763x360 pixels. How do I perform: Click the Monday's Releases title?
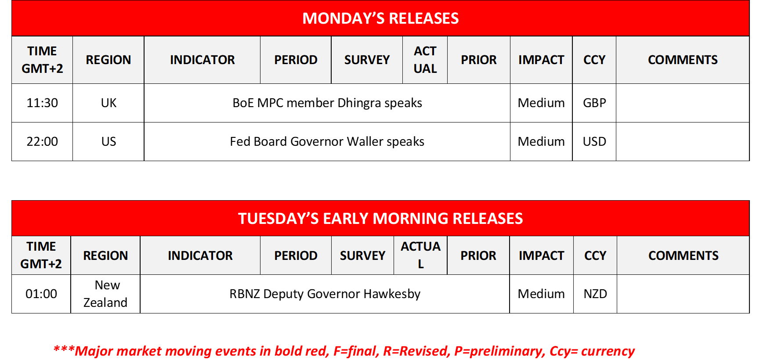380,18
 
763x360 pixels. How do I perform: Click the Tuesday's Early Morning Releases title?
380,218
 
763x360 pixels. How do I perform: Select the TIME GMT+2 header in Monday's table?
42,60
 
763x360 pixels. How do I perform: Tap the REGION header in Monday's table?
108,60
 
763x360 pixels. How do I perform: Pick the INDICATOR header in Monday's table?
202,60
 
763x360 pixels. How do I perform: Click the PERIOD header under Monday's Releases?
296,60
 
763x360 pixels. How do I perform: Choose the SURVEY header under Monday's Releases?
367,60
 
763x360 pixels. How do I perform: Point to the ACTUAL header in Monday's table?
425,60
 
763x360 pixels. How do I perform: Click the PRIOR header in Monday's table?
478,60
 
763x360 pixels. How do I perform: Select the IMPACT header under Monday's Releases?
541,60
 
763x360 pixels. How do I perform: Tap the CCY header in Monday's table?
594,60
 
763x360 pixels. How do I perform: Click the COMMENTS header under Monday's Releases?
683,60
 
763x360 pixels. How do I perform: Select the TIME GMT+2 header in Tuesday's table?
41,255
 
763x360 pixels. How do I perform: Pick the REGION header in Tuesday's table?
105,256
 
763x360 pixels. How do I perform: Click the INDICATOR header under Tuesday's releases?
200,256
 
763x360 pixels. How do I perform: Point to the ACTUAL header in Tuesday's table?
420,255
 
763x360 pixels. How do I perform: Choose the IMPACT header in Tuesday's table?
541,256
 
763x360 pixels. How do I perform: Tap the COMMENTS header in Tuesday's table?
683,256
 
